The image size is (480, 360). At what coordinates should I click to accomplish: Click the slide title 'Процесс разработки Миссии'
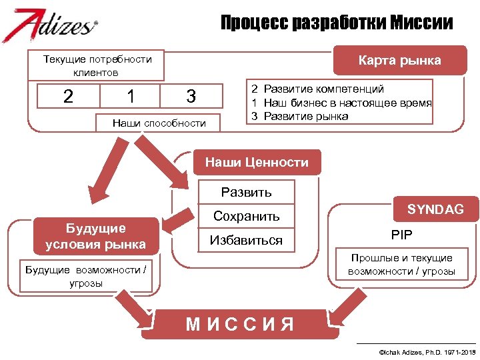(337, 24)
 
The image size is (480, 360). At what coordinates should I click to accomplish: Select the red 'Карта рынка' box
(399, 61)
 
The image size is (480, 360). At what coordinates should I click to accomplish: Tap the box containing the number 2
(68, 96)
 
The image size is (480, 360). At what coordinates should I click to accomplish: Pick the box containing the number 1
(131, 96)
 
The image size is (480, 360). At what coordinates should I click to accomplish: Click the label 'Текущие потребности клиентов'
(97, 65)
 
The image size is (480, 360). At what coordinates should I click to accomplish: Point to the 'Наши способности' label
(159, 123)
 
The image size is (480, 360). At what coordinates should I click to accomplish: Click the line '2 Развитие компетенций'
(317, 89)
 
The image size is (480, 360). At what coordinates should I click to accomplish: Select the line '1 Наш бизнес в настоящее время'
(341, 103)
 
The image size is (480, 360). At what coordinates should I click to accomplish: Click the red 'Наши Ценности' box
(257, 162)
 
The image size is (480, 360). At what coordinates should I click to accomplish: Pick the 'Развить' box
(247, 192)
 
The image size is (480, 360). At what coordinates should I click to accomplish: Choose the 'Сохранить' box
(247, 216)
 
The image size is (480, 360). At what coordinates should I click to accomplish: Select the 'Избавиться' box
(247, 240)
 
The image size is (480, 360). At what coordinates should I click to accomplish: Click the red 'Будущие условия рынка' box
(95, 236)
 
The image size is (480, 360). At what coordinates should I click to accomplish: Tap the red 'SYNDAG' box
(435, 209)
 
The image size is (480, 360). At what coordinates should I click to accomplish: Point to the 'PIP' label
(401, 235)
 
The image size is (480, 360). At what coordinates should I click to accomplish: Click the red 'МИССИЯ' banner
(240, 325)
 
